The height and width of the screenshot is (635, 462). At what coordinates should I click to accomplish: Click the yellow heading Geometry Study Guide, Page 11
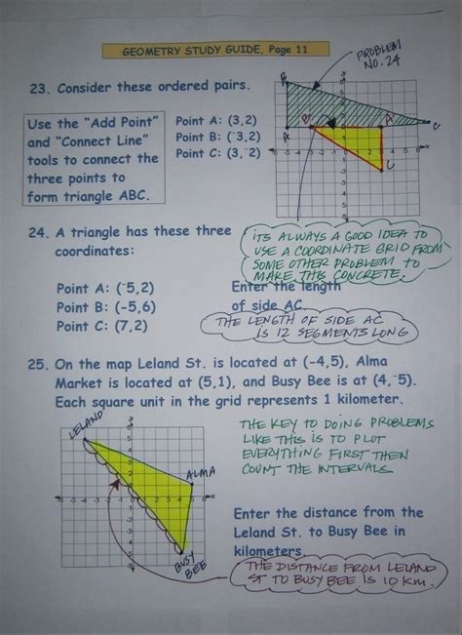click(216, 51)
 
